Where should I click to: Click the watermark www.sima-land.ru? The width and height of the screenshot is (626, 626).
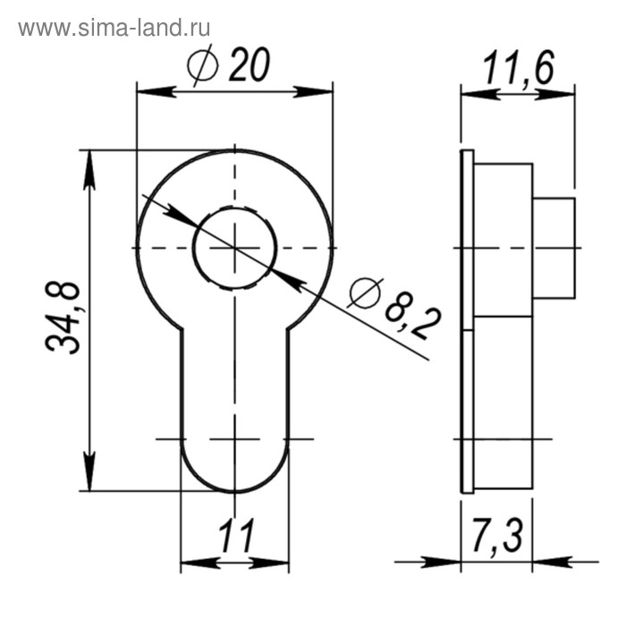tap(114, 29)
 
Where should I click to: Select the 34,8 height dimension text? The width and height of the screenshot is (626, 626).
tap(63, 317)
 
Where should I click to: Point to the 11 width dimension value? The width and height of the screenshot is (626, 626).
tap(235, 536)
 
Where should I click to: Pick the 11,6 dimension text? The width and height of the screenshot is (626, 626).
tap(518, 68)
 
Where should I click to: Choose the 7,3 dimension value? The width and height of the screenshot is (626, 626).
tap(497, 535)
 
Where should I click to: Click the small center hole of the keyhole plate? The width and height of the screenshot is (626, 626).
tap(234, 248)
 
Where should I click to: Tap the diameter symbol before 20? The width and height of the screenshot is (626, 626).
tap(203, 65)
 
